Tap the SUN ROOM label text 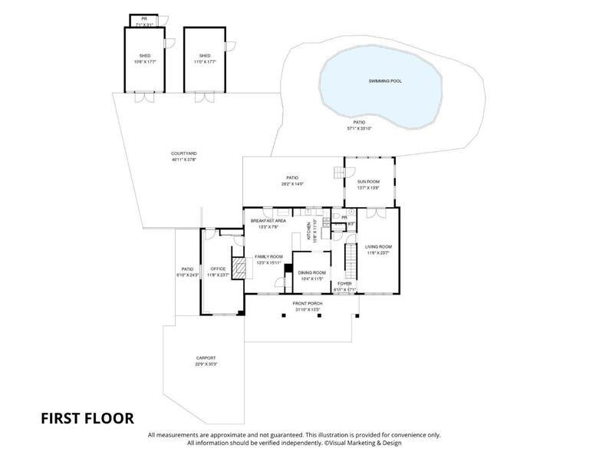[368, 182]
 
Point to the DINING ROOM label [312, 272]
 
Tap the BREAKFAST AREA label [268, 221]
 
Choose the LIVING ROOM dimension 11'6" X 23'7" [379, 252]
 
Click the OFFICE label [218, 269]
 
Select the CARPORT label [206, 358]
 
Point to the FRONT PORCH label [308, 304]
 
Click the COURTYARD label [178, 153]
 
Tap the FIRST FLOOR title [87, 418]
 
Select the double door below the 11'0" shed [204, 97]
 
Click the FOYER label [345, 284]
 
